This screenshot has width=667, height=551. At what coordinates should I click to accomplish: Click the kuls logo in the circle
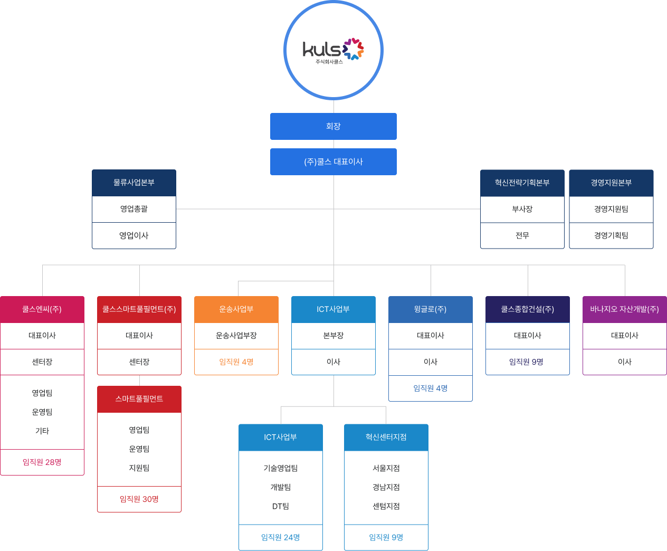coord(333,50)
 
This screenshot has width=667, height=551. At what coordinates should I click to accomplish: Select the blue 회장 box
coord(333,126)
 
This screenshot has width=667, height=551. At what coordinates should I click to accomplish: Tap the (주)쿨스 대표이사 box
coord(333,161)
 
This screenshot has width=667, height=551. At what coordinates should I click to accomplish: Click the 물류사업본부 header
coord(134,183)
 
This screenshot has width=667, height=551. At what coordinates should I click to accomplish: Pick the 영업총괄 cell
coord(134,209)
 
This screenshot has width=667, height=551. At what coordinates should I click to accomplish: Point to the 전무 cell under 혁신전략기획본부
coord(522,235)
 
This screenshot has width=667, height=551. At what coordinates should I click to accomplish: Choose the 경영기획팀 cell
coord(611,235)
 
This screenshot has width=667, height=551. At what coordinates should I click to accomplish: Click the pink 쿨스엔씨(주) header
coord(42,309)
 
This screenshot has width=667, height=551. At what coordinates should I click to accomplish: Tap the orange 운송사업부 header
coord(236,309)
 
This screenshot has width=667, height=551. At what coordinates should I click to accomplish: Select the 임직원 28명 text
coord(42,462)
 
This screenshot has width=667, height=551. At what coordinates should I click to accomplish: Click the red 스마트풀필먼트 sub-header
coord(139,399)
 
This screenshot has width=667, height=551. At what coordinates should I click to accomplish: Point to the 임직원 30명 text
coord(139,499)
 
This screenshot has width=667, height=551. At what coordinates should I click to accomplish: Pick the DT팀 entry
coord(281,506)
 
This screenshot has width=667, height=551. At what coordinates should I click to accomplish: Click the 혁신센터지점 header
coord(386,437)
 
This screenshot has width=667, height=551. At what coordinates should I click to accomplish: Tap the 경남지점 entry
coord(386,487)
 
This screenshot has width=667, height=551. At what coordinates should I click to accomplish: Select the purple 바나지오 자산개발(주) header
coord(625,309)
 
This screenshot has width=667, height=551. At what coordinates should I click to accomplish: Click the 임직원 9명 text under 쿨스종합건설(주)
coord(526,362)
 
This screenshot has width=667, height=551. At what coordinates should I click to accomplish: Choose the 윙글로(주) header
coord(431,309)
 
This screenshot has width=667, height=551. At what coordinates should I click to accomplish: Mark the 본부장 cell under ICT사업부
coord(333,336)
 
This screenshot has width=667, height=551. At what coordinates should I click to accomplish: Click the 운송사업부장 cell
coord(236,336)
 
